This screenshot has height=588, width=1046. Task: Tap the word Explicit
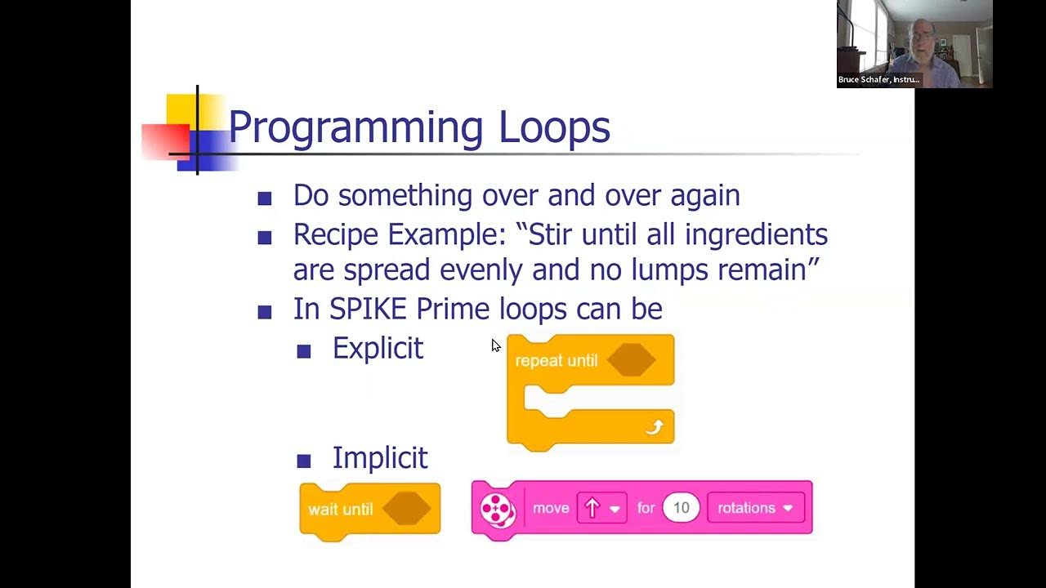(378, 349)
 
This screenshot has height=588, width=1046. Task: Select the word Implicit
(380, 458)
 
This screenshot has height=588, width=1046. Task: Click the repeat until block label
(557, 361)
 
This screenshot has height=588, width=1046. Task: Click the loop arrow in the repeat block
(655, 427)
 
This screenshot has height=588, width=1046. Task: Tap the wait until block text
(340, 510)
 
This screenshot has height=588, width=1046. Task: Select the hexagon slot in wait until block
(406, 509)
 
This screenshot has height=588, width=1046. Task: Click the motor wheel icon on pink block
(497, 509)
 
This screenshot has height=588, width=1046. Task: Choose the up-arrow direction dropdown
(601, 508)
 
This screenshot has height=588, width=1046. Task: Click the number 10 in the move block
(681, 508)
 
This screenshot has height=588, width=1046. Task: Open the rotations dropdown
(755, 508)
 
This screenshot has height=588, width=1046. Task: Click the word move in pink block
(551, 508)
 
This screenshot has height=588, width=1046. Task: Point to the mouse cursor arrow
(495, 345)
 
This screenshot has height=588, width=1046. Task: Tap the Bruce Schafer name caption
(878, 80)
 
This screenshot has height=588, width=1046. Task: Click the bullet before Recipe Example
(264, 238)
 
